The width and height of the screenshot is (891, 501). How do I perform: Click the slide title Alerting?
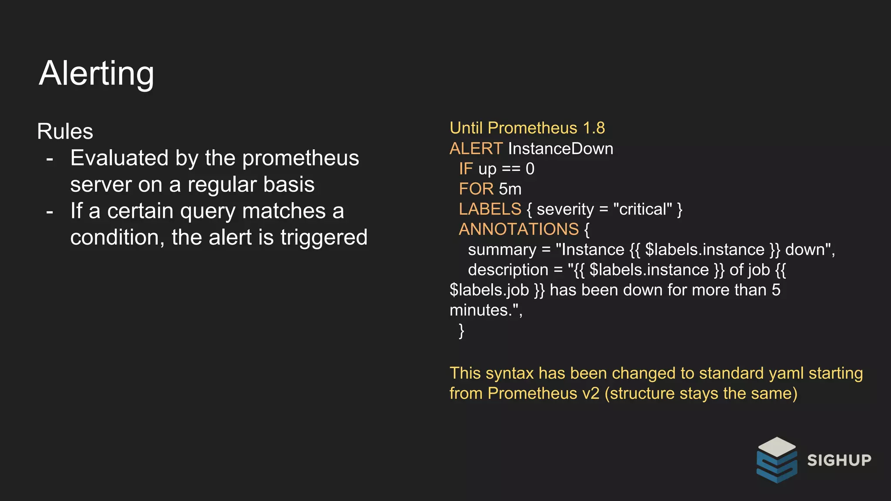coord(96,73)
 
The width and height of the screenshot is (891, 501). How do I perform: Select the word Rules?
coord(65,131)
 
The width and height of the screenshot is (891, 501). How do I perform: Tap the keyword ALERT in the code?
coord(476,149)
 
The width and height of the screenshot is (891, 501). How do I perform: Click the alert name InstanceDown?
coord(560,149)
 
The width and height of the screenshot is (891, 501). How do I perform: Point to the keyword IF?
coord(466,169)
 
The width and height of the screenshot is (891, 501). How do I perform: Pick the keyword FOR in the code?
coord(476,189)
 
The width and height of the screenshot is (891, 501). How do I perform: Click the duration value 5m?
coord(510,189)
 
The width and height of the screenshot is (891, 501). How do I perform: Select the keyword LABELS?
coord(490,209)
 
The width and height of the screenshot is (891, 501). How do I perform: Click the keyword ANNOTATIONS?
coord(519,229)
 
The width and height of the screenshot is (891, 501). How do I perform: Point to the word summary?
coord(502,250)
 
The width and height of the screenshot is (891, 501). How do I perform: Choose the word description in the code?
coord(508,270)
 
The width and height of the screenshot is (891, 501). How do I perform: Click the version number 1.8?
coord(594,128)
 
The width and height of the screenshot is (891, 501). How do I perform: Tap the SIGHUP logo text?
coord(839,460)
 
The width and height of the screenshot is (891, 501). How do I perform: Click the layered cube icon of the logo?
coord(777,460)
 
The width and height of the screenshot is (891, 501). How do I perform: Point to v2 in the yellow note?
coord(590,393)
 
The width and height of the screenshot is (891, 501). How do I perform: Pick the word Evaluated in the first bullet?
coord(119,158)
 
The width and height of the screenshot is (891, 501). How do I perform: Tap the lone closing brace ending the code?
coord(461,331)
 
